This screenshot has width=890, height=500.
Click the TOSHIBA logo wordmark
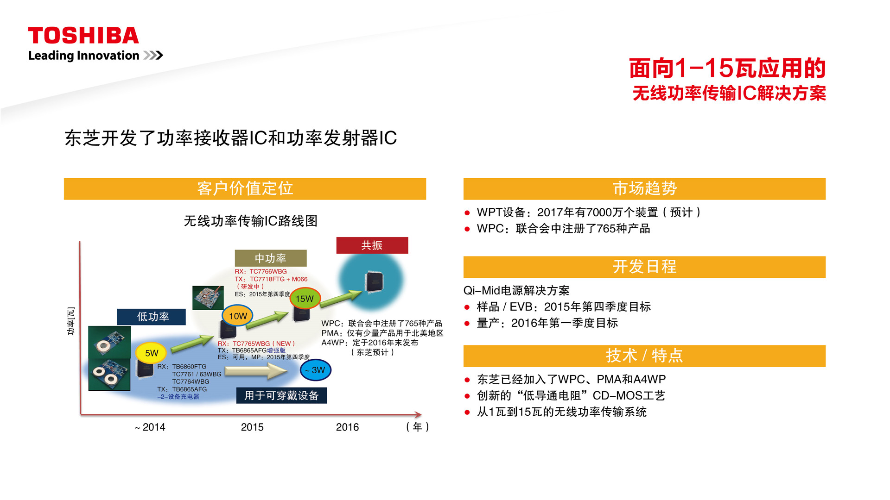click(83, 36)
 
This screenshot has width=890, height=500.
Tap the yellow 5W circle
click(151, 353)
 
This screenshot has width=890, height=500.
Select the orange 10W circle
click(238, 316)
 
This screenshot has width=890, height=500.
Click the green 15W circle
click(305, 299)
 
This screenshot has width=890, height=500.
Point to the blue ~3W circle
click(316, 370)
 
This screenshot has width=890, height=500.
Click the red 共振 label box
click(372, 245)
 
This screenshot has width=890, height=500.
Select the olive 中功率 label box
click(271, 258)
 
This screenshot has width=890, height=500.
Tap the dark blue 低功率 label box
click(152, 317)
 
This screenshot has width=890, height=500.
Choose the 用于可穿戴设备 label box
click(281, 395)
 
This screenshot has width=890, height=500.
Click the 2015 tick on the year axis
click(252, 427)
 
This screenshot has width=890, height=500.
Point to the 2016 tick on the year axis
click(347, 427)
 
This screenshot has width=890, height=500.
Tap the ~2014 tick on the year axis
click(150, 427)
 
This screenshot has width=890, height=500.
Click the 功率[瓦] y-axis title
click(71, 321)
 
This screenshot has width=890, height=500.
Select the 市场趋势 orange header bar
click(644, 189)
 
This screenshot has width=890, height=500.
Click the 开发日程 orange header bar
click(644, 267)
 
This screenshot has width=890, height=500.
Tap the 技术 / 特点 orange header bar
click(644, 356)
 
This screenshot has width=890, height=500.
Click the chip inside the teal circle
click(374, 282)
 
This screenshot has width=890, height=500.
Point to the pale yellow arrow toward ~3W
click(256, 371)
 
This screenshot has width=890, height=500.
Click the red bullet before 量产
click(467, 323)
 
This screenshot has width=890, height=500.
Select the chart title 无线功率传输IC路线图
click(251, 221)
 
